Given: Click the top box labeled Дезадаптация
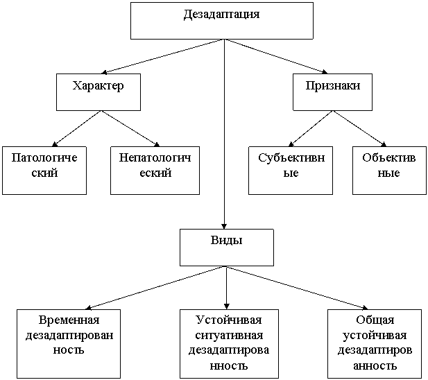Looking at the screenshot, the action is click(x=222, y=21).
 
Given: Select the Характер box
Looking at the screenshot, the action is click(x=99, y=92).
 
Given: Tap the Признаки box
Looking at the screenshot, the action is click(x=332, y=92).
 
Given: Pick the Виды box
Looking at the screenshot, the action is click(x=227, y=248).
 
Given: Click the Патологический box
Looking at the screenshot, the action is click(x=44, y=171).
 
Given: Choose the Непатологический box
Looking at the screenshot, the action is click(x=155, y=171).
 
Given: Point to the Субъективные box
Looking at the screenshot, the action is click(x=291, y=171).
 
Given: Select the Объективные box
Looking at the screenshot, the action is click(x=389, y=171).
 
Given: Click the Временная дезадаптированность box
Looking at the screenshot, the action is click(x=69, y=344).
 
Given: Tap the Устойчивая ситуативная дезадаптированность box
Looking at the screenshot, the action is click(x=229, y=344).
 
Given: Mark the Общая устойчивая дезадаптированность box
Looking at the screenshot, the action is click(x=375, y=344).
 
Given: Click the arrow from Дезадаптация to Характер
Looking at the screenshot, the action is click(x=163, y=56).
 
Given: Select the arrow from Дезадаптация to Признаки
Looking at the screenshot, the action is click(x=276, y=56).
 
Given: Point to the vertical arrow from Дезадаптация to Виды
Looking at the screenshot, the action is click(x=224, y=135).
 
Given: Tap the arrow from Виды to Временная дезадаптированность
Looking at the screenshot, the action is click(x=155, y=288).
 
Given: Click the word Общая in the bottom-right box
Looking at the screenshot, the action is click(x=375, y=320).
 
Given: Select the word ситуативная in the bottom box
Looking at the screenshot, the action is click(x=229, y=336).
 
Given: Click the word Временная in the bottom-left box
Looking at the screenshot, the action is click(x=69, y=320).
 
